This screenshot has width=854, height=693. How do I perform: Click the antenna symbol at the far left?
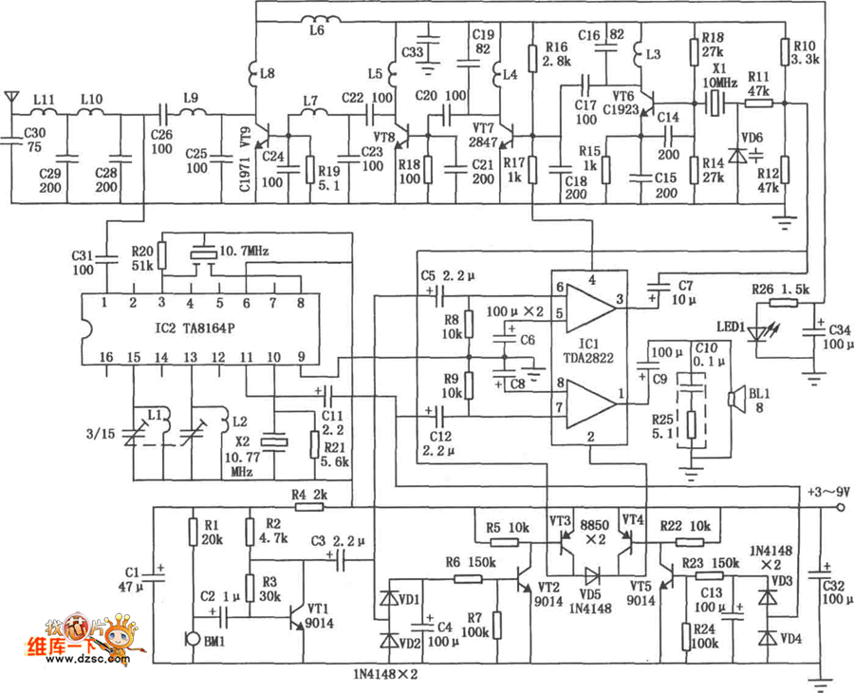(10, 98)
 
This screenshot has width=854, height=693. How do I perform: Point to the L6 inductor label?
(316, 30)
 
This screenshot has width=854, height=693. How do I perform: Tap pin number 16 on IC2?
(106, 356)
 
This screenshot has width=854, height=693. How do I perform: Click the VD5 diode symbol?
(594, 575)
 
